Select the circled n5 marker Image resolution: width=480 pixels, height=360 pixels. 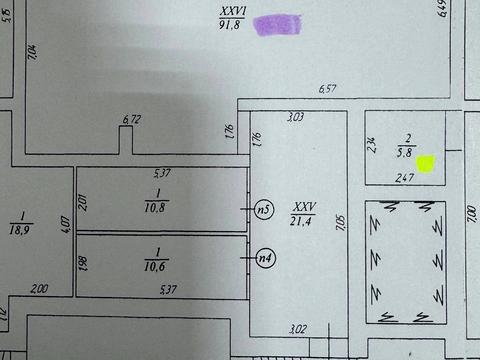(x=263, y=210)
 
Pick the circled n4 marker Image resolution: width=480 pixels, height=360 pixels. (x=263, y=256)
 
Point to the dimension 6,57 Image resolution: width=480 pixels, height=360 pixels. (x=326, y=90)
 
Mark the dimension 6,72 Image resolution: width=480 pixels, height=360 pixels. (x=131, y=120)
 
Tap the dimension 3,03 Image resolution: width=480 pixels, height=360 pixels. (x=294, y=118)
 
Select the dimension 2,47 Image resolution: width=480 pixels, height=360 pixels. (x=403, y=177)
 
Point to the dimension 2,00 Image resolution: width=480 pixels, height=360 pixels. (x=39, y=289)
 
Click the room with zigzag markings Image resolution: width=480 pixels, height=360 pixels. (x=405, y=262)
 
